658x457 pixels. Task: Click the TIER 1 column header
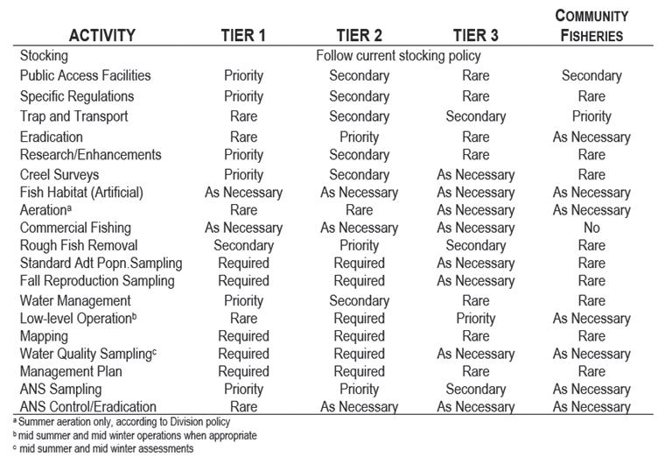tap(243, 35)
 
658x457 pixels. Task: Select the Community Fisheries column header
tap(591, 25)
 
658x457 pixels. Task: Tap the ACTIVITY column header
tap(102, 35)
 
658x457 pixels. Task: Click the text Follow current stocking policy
tap(398, 55)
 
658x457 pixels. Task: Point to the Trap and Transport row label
tap(73, 116)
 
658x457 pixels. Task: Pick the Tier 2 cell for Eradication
tap(360, 137)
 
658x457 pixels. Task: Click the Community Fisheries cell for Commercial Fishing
tap(591, 228)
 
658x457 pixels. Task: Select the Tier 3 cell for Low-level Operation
tap(476, 318)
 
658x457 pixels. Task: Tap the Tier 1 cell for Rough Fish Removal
tap(243, 245)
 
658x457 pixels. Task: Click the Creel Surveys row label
tap(59, 174)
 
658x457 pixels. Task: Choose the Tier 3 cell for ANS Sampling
tap(476, 389)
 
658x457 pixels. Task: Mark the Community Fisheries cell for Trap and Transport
tap(591, 116)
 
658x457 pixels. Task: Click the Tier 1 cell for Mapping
tap(243, 336)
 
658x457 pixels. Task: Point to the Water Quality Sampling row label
tap(88, 354)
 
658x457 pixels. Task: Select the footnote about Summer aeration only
tap(122, 421)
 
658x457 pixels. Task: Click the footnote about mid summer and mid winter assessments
tap(103, 448)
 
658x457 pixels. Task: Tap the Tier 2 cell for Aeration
tap(360, 209)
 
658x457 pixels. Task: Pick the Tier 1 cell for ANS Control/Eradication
tap(243, 406)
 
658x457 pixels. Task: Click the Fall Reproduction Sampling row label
tap(97, 280)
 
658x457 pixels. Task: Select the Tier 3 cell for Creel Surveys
tap(476, 174)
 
